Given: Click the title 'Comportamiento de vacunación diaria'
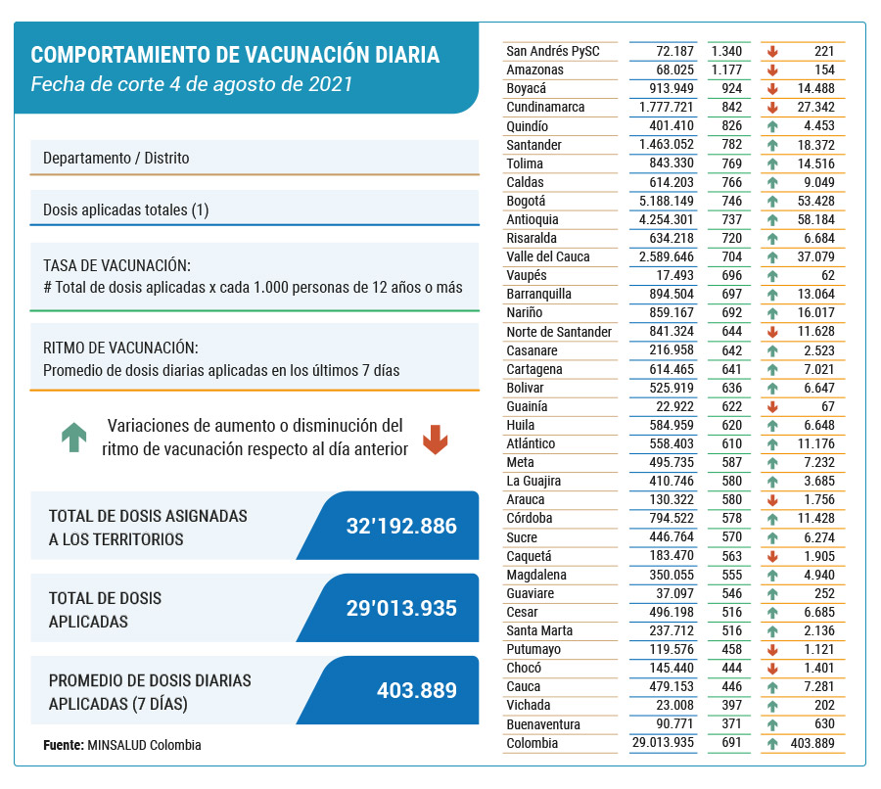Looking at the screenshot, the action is click(235, 55).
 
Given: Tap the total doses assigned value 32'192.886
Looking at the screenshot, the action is click(401, 526).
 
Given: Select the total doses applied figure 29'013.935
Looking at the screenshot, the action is click(401, 608).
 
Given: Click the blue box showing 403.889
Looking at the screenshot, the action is click(388, 690).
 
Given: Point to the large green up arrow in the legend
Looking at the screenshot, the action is click(74, 438).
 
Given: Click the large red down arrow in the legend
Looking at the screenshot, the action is click(435, 440).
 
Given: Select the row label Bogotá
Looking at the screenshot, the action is click(526, 202).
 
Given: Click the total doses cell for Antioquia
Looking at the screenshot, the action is click(666, 219).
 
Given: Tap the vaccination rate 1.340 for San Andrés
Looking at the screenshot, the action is click(726, 51).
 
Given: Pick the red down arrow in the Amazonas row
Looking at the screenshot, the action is click(772, 70).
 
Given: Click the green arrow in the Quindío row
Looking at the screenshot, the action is click(772, 126).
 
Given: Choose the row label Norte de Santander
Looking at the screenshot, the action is click(559, 332).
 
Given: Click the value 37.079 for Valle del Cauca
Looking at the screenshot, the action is click(815, 256).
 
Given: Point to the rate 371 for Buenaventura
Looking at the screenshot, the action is click(732, 723).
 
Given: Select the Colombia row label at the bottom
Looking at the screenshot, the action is click(533, 743).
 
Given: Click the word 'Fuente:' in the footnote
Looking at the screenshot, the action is click(64, 745).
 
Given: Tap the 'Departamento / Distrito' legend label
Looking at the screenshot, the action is click(116, 158).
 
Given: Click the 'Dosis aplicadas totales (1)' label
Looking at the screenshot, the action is click(126, 209).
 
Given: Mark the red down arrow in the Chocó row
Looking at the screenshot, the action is click(772, 669).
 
